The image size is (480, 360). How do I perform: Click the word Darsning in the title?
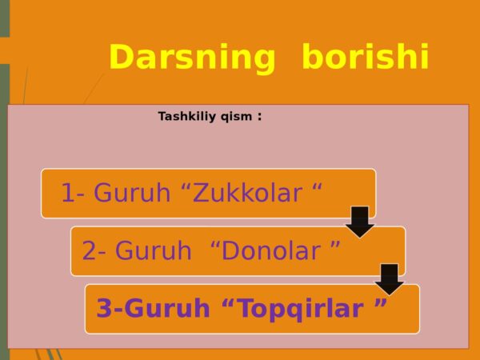click(192, 58)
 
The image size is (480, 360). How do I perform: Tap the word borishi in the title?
click(366, 57)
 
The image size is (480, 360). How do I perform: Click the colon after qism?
click(260, 117)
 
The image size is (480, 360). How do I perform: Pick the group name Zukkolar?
click(248, 193)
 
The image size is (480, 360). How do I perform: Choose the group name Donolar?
click(271, 250)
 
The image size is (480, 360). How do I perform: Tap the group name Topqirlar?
click(301, 309)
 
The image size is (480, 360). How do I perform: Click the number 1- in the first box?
click(73, 193)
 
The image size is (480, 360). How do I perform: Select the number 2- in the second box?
click(94, 250)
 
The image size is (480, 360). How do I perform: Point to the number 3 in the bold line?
click(103, 308)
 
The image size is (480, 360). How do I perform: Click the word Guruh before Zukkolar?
click(132, 193)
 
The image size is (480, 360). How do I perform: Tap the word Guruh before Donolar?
click(154, 250)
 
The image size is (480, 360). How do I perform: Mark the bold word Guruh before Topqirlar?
click(167, 308)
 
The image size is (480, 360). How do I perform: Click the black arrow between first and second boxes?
click(360, 222)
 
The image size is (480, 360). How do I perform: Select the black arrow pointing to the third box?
click(390, 279)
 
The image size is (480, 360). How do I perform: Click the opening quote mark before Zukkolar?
click(186, 188)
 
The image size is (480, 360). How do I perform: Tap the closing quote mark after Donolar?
click(335, 246)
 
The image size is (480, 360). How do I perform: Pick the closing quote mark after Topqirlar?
click(381, 302)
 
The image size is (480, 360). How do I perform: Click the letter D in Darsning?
click(122, 57)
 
